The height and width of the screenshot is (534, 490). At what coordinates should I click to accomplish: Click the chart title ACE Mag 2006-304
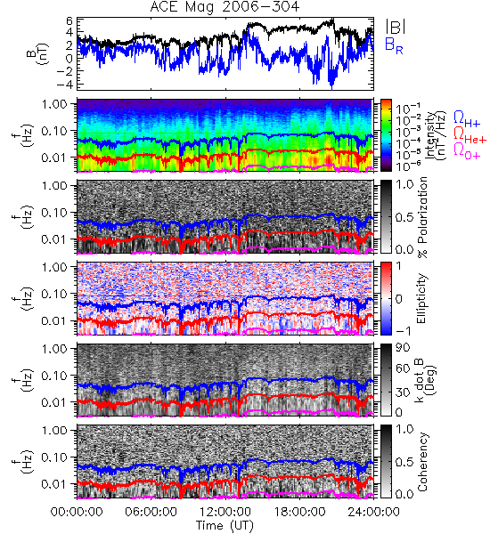coord(225,6)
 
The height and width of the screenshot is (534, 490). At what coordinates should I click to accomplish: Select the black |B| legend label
coord(396,27)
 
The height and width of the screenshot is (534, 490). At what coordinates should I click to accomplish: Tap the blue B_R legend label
coord(394,45)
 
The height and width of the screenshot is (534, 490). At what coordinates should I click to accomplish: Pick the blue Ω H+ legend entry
coord(467,119)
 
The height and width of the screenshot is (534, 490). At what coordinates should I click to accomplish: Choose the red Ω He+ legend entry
coord(470,135)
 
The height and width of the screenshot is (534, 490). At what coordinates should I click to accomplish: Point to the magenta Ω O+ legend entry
coord(467,151)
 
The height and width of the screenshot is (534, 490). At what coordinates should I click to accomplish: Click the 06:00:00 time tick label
coord(151,512)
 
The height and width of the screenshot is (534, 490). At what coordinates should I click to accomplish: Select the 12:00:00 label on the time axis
coord(225,512)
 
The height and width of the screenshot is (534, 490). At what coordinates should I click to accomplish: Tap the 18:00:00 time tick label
coord(299,512)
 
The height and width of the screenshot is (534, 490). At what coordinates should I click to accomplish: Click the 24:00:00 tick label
coord(373,512)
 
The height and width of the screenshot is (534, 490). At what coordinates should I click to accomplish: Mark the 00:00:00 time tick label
coord(77,512)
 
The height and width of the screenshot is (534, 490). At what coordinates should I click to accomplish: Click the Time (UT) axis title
coord(225,526)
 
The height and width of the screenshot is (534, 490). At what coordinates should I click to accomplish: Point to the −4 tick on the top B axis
coord(65,84)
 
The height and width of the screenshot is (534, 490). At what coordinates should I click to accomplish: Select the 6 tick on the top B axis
coord(69,21)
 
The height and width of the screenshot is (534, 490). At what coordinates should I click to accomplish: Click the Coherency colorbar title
coord(422,462)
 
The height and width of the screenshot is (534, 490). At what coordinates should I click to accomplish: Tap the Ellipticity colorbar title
coord(422,298)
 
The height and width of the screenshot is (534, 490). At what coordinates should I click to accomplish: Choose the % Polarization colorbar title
coord(422,217)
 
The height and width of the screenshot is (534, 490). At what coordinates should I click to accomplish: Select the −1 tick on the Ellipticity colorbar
coord(403,331)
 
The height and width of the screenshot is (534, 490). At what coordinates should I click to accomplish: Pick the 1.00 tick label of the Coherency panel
coord(55,431)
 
